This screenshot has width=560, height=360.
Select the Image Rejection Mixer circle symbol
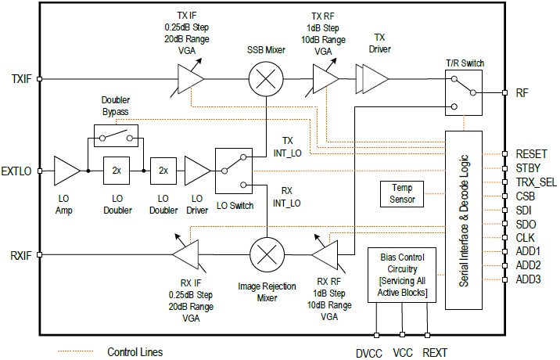point(267,254)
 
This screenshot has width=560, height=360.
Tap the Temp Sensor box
point(401,193)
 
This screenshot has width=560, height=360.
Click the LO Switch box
point(235,171)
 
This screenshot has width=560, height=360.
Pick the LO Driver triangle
point(197,171)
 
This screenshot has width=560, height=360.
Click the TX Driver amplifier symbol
point(372,78)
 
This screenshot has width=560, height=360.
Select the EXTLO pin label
point(16,171)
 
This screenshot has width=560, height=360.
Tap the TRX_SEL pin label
point(536,182)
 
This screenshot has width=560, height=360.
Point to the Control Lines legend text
point(135,351)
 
